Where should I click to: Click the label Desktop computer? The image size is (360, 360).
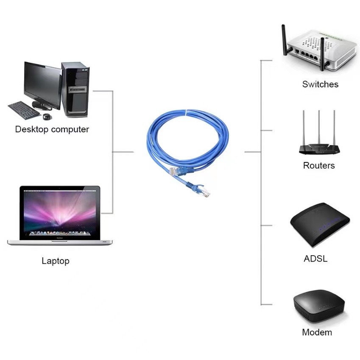tap(52, 129)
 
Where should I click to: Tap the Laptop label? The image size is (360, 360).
tap(55, 261)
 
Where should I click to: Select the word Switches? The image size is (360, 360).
tap(320, 84)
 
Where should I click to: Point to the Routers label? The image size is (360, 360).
tap(319, 165)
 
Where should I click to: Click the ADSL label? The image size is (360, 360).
tap(315, 258)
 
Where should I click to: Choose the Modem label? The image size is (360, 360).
tap(317, 332)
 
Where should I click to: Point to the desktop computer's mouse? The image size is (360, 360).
tap(47, 116)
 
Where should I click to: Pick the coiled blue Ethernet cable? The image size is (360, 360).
tap(187, 140)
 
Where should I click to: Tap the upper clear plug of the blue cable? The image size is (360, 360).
tap(175, 171)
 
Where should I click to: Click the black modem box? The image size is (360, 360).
tap(319, 307)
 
